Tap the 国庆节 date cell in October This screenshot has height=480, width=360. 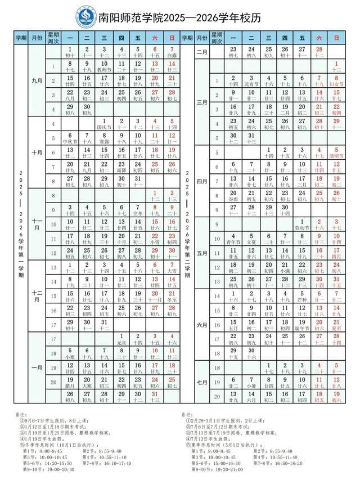(105, 124)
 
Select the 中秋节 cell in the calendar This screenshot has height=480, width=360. (70, 138)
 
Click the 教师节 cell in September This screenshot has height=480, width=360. (105, 66)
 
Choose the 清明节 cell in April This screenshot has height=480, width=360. (336, 153)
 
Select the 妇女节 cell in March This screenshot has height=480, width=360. (336, 81)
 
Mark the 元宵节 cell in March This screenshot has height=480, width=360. (250, 81)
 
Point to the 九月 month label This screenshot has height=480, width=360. (37, 81)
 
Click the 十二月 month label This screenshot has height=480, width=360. (37, 297)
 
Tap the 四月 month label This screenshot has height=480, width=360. (202, 181)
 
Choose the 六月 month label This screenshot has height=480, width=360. (202, 325)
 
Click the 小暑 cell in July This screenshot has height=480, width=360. (250, 383)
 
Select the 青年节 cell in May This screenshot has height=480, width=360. (233, 239)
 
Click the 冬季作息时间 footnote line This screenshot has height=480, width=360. (53, 444)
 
